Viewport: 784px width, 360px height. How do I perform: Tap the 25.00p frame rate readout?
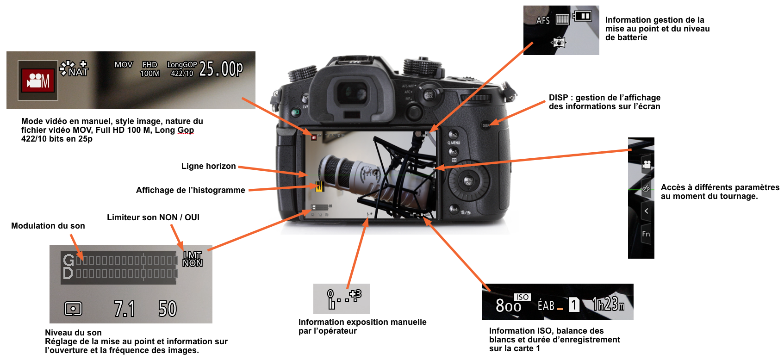click(x=221, y=69)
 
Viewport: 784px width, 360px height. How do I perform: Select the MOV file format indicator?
click(x=124, y=65)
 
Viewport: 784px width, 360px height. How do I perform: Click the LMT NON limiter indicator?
click(x=193, y=259)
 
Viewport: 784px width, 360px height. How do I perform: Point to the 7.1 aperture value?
click(x=124, y=309)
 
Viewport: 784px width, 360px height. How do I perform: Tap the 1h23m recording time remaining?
click(x=608, y=304)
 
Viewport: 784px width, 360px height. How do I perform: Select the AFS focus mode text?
click(x=543, y=20)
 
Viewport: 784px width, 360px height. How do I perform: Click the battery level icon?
click(x=583, y=16)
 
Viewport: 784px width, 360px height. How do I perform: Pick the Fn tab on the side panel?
click(x=646, y=234)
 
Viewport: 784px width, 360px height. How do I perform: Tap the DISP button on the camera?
click(x=486, y=125)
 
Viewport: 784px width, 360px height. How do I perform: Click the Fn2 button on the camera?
click(x=453, y=135)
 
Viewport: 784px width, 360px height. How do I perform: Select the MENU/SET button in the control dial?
click(x=468, y=181)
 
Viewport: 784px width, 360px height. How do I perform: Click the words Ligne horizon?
click(x=208, y=166)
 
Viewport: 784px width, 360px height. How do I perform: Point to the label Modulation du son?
click(x=48, y=226)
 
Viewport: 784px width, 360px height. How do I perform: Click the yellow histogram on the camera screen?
click(x=319, y=186)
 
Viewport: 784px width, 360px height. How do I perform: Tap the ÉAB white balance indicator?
click(x=546, y=305)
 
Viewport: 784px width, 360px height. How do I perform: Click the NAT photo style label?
click(x=78, y=72)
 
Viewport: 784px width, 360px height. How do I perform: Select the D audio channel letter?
click(x=68, y=273)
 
